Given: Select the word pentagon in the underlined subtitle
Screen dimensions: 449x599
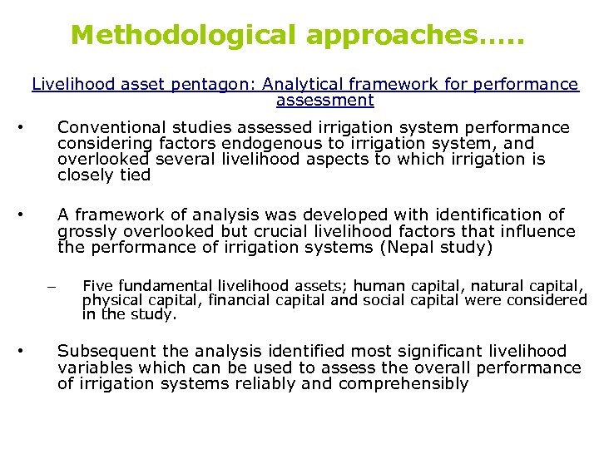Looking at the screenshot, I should tap(176, 84).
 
